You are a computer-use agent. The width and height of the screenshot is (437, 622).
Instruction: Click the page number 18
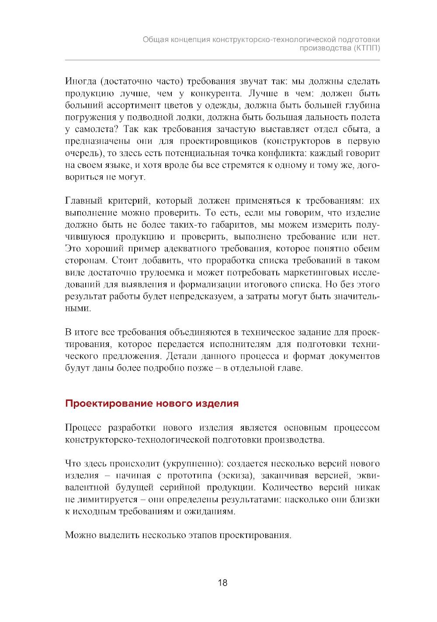222,583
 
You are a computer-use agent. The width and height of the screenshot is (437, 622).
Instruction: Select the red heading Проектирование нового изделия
152,403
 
